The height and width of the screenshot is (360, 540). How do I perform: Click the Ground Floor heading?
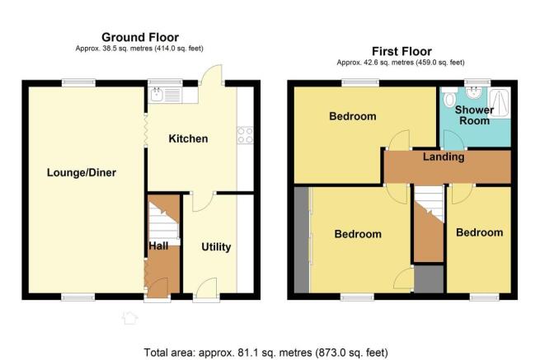(140, 37)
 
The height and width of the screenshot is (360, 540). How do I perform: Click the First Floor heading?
(401, 51)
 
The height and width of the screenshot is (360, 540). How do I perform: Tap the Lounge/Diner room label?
(82, 172)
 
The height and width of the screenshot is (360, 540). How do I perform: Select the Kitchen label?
(188, 138)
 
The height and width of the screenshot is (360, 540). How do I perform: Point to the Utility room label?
(216, 247)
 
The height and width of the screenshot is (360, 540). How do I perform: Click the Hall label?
(158, 245)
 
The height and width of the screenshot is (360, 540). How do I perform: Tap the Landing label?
(444, 157)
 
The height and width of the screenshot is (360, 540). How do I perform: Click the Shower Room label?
(475, 115)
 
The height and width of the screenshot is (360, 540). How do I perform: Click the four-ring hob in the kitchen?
(245, 135)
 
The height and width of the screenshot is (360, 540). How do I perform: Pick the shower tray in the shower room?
(499, 102)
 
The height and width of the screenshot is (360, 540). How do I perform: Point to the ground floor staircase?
(164, 220)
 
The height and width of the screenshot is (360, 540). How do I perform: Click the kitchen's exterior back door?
(211, 75)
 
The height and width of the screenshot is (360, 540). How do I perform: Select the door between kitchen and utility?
(203, 201)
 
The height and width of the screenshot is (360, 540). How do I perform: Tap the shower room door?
(454, 140)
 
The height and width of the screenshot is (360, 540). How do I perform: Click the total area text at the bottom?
(265, 353)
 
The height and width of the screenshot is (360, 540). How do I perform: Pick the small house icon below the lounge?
(129, 317)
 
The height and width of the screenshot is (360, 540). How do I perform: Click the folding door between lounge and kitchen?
(146, 130)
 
